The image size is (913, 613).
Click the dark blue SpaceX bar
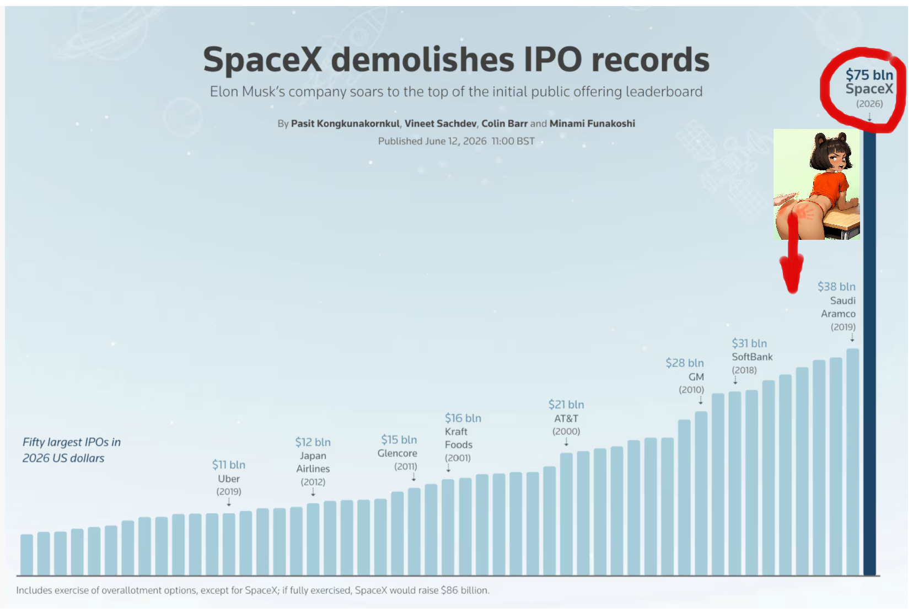[x=869, y=353]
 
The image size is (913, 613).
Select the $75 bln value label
[x=869, y=75]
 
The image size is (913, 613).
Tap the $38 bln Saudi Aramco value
[x=836, y=287]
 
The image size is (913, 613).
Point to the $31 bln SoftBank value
[x=749, y=343]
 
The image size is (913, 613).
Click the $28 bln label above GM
[x=685, y=363]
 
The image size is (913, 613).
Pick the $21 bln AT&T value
[x=566, y=404]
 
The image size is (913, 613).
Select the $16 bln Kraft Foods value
[x=463, y=418]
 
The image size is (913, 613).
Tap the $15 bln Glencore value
[x=399, y=439]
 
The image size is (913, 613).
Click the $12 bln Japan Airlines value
[x=313, y=442]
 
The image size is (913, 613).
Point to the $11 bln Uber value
[x=229, y=465]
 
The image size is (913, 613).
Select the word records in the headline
[x=651, y=60]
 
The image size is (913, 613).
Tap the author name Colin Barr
[x=504, y=123]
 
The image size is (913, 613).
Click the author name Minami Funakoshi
[x=592, y=123]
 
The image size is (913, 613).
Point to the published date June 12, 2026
[x=456, y=141]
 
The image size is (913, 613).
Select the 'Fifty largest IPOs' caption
[x=72, y=450]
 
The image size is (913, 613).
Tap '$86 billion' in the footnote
[x=464, y=590]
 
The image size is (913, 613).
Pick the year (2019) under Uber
[x=229, y=492]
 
